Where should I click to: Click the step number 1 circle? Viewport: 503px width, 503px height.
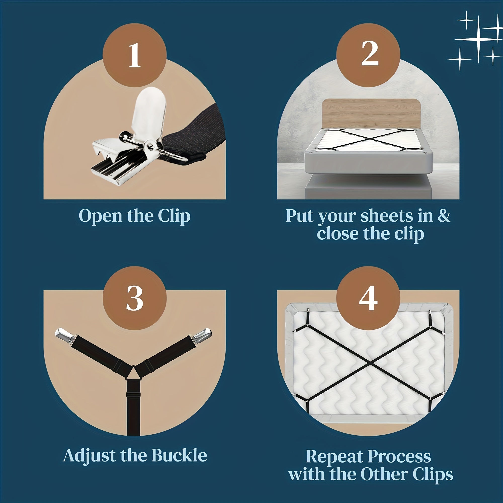135,55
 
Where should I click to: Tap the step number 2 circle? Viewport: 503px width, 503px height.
368,55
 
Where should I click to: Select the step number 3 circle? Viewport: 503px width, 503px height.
135,298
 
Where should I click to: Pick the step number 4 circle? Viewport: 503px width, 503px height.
368,298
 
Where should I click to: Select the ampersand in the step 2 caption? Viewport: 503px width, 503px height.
444,216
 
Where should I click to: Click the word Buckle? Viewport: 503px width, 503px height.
179,456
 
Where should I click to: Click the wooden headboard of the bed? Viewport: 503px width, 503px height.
371,114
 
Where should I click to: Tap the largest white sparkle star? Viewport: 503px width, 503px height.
479,39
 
